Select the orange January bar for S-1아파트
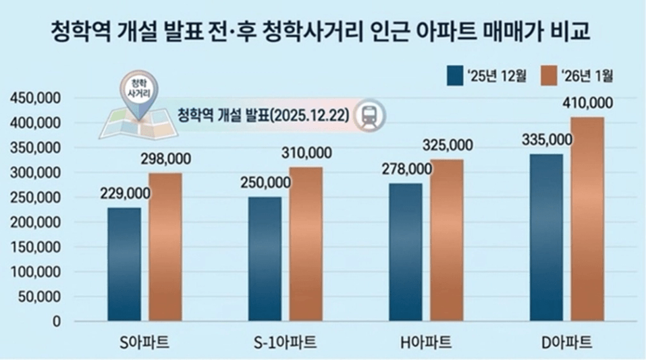(x=306, y=244)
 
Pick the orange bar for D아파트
(x=587, y=220)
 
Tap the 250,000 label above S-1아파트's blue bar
(x=265, y=182)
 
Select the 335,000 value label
(x=547, y=140)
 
